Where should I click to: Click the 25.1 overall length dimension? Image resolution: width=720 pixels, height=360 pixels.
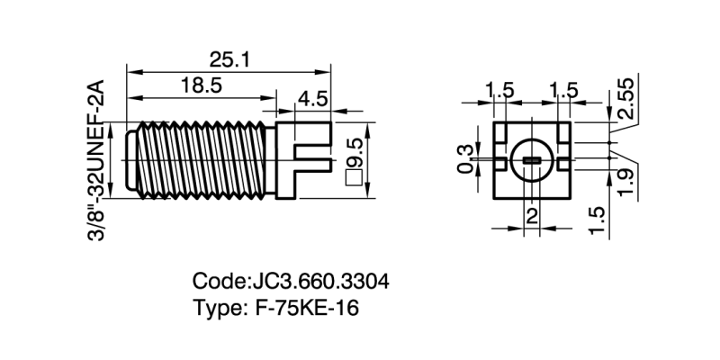pos(229,59)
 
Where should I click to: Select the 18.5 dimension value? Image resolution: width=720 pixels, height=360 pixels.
pos(201,85)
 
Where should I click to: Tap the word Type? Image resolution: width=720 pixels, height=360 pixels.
pos(216,307)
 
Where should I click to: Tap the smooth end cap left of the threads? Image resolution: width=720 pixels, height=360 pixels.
pos(130,159)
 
